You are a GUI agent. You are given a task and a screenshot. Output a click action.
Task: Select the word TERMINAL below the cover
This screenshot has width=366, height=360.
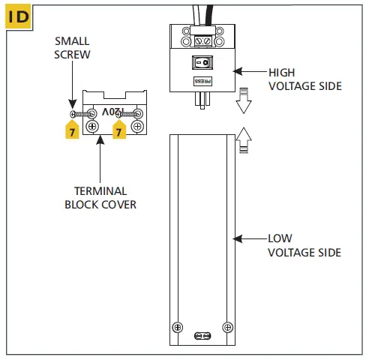pos(100,190)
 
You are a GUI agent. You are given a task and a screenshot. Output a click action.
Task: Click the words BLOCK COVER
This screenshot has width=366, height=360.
pos(100,203)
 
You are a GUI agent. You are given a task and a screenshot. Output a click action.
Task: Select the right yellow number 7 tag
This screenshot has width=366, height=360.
pos(117,130)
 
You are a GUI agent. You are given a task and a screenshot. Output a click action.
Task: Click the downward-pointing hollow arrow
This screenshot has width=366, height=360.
pos(241,102)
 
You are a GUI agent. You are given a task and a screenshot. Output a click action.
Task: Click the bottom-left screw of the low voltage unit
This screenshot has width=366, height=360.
pos(178,327)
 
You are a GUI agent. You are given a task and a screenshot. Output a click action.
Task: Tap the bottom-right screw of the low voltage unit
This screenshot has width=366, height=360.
pos(227,327)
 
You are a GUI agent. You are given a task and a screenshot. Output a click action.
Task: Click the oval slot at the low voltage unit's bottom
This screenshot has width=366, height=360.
pos(202,337)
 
